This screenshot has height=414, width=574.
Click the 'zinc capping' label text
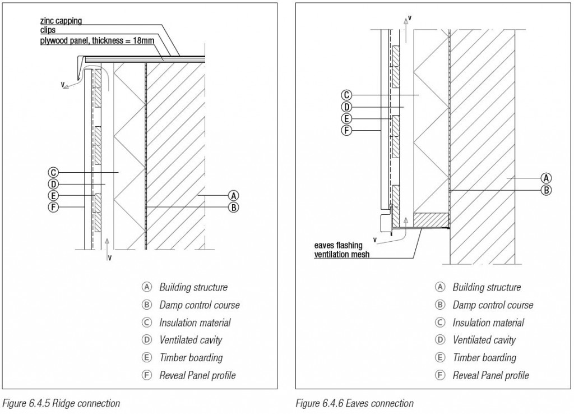[x=61, y=21]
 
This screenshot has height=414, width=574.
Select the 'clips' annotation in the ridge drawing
[x=48, y=30]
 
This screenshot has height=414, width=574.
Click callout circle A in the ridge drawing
[x=234, y=196]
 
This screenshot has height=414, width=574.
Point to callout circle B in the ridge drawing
[x=234, y=208]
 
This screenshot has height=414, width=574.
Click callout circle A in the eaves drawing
[x=545, y=178]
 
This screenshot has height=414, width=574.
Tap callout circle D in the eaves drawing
[x=347, y=107]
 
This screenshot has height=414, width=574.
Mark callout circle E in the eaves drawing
[x=347, y=118]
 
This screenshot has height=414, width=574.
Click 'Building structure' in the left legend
[x=193, y=287]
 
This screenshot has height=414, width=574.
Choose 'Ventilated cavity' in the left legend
[x=190, y=340]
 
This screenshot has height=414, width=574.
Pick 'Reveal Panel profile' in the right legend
[x=490, y=375]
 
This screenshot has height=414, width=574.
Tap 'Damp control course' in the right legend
[x=493, y=305]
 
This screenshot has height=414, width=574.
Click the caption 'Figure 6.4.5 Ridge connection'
[x=61, y=403]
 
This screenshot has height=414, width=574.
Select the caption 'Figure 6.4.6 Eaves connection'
[x=354, y=403]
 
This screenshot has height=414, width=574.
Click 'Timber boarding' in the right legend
[x=484, y=357]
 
